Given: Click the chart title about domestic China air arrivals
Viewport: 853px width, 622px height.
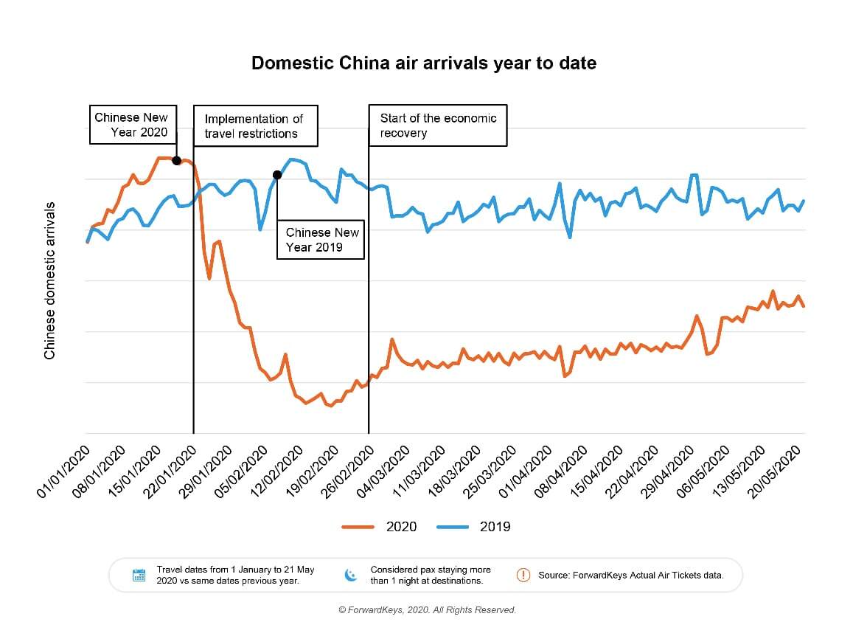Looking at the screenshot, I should (x=424, y=63).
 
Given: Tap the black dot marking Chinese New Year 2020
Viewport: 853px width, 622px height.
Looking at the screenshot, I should (x=177, y=160).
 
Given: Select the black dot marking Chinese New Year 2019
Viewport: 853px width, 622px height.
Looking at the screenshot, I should (x=277, y=175).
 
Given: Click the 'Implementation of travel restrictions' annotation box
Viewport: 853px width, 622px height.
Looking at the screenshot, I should (x=255, y=126).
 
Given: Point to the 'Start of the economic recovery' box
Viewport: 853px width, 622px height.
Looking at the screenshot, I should (x=438, y=125).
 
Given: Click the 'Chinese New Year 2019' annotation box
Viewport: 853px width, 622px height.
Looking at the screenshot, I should (x=321, y=239).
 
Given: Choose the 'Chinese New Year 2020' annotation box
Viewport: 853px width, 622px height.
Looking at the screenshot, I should (x=132, y=125).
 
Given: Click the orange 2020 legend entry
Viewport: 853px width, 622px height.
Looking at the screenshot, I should (x=380, y=527).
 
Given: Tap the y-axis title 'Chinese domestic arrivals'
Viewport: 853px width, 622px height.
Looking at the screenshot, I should (x=50, y=280).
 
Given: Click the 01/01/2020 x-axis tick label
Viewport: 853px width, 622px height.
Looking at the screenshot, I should (x=63, y=471).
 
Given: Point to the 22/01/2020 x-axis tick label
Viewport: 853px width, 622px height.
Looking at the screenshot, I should (x=169, y=471).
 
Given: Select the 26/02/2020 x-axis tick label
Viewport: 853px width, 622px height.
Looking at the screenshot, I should (x=344, y=471).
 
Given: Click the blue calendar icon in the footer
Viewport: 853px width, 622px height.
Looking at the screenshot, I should (x=139, y=576).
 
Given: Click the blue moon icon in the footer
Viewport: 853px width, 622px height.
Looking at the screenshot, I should (x=351, y=575).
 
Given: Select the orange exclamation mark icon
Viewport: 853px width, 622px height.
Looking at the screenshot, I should (x=523, y=575).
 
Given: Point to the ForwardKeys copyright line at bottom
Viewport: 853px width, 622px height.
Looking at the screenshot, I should (x=427, y=610).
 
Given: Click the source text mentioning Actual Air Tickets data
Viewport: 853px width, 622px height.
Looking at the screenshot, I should (x=631, y=575).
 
